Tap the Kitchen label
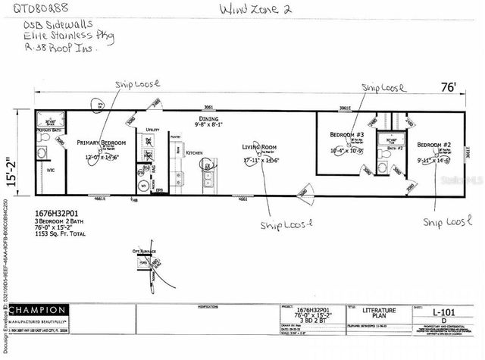point(194,153)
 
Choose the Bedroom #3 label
point(347,134)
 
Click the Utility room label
point(152,130)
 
